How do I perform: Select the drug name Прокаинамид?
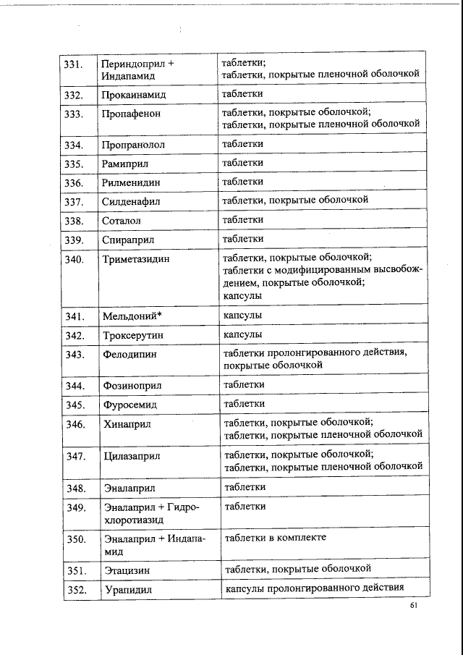(x=134, y=95)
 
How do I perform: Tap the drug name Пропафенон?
(x=131, y=114)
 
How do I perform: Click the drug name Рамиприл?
(x=125, y=164)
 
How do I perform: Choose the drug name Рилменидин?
(x=132, y=182)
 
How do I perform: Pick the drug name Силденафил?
(x=131, y=201)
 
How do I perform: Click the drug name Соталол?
(x=122, y=220)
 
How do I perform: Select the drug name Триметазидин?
(x=137, y=258)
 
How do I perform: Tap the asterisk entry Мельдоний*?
(x=132, y=316)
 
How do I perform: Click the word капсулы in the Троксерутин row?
(x=242, y=334)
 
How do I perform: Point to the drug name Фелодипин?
(x=130, y=354)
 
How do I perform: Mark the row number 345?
(x=75, y=405)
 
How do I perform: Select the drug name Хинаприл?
(x=127, y=423)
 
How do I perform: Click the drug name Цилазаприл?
(x=132, y=456)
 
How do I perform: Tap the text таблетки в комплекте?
(x=275, y=537)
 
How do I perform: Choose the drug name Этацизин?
(x=127, y=571)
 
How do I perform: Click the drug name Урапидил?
(x=128, y=590)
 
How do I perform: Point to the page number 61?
(x=414, y=606)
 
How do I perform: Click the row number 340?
(x=75, y=258)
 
